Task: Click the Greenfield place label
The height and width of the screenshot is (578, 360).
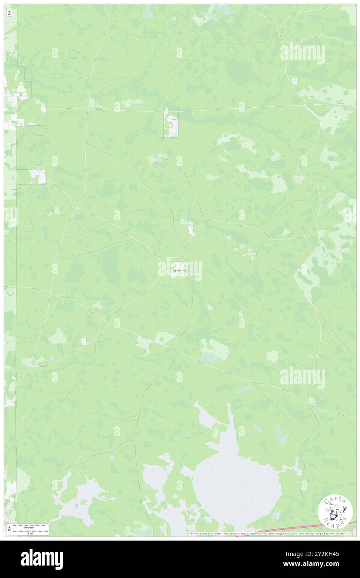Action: [x=180, y=271]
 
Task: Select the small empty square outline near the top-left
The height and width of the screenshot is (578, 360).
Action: [x=73, y=54]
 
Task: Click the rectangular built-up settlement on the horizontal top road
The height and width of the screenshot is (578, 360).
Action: [x=170, y=123]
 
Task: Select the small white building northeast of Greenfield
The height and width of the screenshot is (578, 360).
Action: [x=191, y=229]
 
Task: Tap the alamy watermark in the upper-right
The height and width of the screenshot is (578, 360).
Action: [x=302, y=54]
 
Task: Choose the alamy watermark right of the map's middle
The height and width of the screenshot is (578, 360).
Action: [x=302, y=378]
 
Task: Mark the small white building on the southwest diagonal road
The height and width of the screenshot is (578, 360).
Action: [x=84, y=341]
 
